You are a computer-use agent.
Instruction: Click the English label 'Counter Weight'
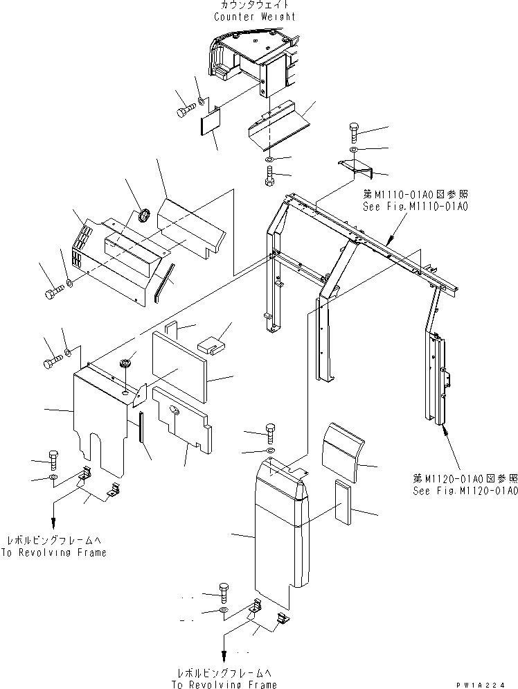254,17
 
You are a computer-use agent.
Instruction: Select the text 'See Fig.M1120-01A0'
464,491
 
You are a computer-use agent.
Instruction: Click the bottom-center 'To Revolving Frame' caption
226,683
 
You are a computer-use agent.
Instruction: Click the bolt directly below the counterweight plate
269,176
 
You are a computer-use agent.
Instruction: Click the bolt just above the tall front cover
270,434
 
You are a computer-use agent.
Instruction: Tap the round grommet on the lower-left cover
126,363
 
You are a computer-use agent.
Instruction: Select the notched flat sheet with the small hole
183,420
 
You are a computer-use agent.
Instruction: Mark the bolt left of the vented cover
53,293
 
